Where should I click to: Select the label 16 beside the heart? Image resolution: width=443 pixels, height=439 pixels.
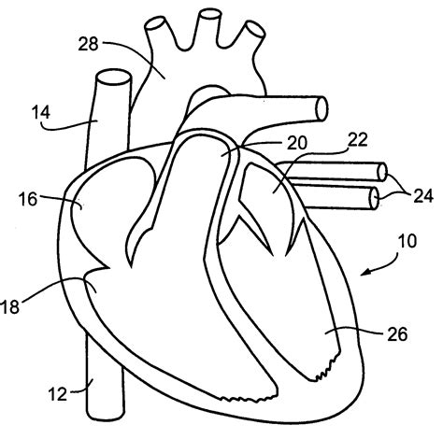click(x=27, y=199)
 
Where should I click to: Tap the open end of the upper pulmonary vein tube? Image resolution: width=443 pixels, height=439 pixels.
click(x=380, y=172)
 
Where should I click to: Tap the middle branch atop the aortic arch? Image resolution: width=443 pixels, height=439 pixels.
click(x=209, y=14)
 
